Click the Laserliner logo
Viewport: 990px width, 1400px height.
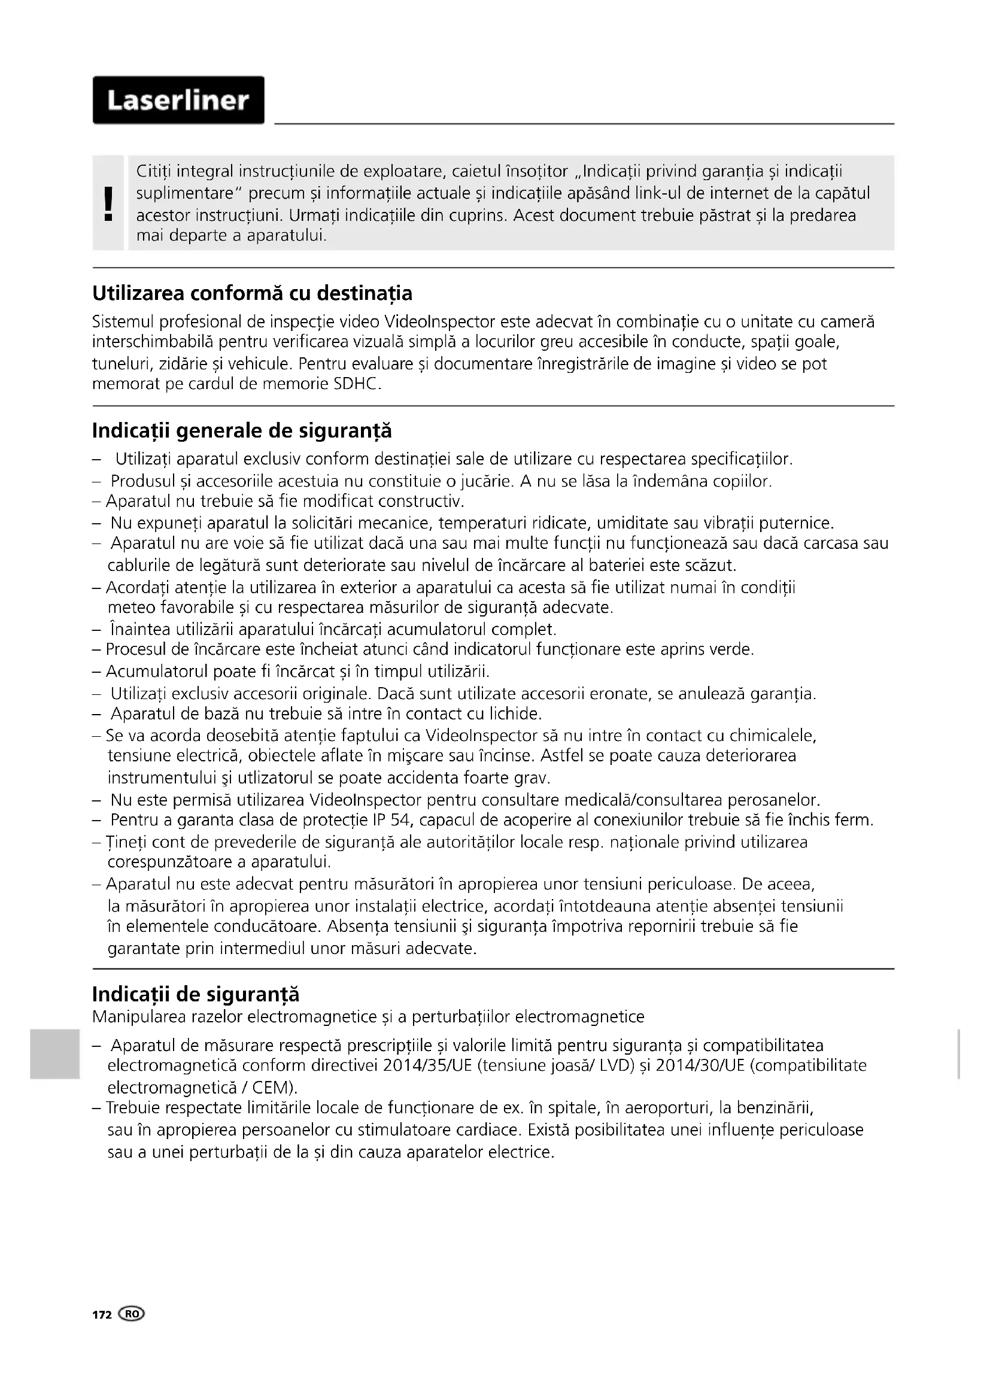pyautogui.click(x=178, y=100)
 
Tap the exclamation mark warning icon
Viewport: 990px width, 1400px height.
pyautogui.click(x=108, y=204)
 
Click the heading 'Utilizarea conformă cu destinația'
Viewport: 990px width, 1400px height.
pyautogui.click(x=252, y=293)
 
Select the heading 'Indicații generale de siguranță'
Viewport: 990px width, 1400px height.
pyautogui.click(x=241, y=431)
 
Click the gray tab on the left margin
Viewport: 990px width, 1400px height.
pyautogui.click(x=54, y=1053)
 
